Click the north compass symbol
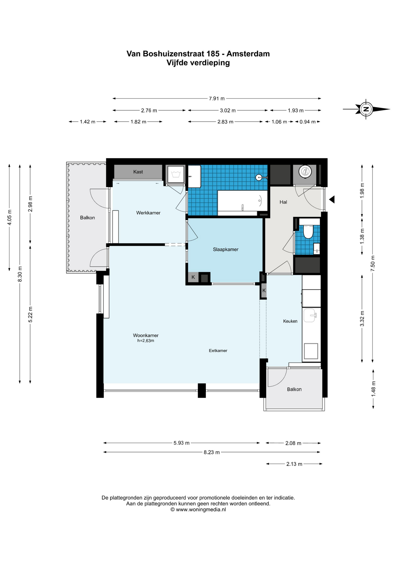[366, 109]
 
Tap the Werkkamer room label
[148, 213]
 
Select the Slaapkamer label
[226, 250]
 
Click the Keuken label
[290, 321]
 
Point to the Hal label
[283, 202]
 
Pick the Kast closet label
[138, 172]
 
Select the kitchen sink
[310, 316]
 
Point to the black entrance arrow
[332, 199]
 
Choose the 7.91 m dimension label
[217, 99]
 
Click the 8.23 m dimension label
[212, 452]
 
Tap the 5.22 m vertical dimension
[30, 314]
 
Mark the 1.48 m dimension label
[373, 389]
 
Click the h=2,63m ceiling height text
[146, 341]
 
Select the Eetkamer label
[218, 350]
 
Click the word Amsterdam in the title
[248, 54]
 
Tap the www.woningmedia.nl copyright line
[198, 509]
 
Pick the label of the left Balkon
[87, 218]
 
